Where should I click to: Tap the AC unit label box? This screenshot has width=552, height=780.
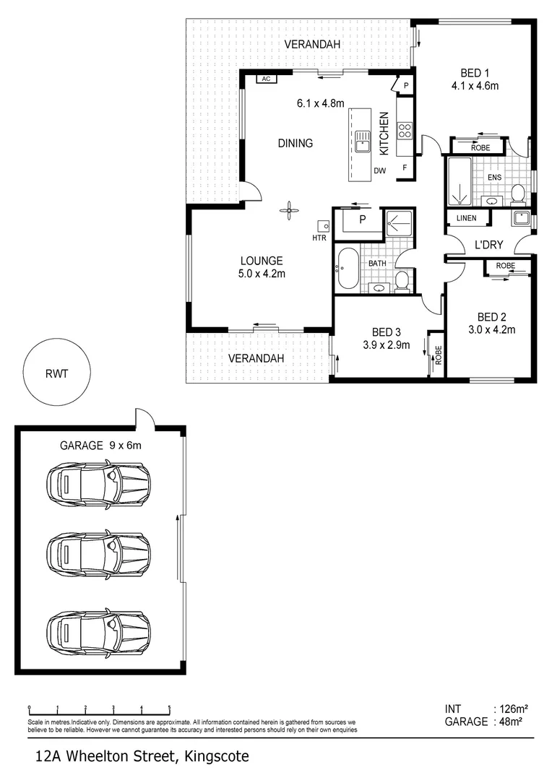[265, 79]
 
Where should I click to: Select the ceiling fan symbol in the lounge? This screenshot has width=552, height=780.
[289, 211]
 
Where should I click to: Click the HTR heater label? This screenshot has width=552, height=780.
[319, 238]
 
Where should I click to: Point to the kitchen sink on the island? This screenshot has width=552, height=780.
[361, 141]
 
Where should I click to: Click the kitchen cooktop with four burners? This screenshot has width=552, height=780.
[405, 131]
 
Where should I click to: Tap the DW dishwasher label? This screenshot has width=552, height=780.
[379, 171]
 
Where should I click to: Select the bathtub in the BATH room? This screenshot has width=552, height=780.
[347, 269]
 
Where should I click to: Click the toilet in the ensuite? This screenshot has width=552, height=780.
[517, 193]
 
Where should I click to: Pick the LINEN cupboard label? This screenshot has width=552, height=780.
[467, 218]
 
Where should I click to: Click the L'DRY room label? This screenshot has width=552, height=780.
[488, 245]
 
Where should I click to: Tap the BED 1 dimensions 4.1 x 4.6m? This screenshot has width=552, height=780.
[475, 86]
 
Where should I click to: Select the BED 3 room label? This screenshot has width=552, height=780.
[386, 332]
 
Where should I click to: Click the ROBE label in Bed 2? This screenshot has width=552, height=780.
[506, 266]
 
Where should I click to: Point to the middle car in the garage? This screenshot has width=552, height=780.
[98, 554]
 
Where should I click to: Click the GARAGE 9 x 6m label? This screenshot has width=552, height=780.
[100, 446]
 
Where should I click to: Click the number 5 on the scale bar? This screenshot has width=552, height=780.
[169, 708]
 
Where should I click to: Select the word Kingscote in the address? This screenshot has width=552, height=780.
[217, 757]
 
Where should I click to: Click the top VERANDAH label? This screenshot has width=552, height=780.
[312, 45]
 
